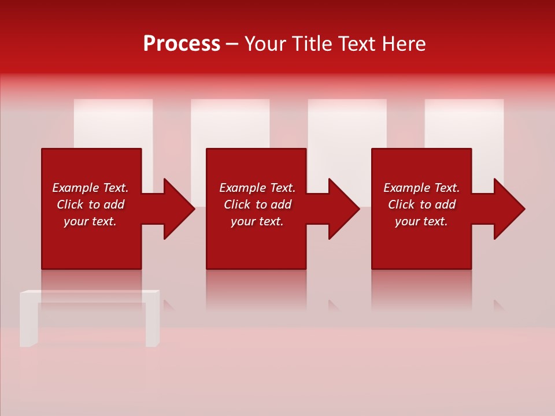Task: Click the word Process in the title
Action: [x=182, y=44]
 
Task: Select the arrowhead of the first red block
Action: [x=176, y=209]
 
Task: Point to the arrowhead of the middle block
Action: [x=341, y=209]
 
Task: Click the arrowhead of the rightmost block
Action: [x=506, y=209]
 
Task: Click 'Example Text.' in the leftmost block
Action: [x=90, y=188]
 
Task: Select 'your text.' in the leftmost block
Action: [x=90, y=221]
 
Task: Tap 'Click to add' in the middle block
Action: [x=257, y=205]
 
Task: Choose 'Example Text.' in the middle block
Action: [x=257, y=188]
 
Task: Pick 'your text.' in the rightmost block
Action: [x=421, y=221]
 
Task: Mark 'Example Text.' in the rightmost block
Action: [x=421, y=188]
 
